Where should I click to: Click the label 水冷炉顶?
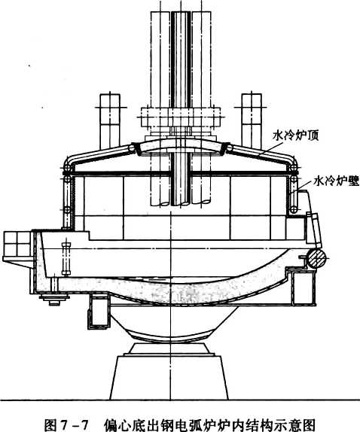[x=295, y=135]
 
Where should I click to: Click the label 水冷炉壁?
[x=337, y=181]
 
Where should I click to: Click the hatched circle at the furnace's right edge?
[x=317, y=258]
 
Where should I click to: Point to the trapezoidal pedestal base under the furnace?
[x=169, y=377]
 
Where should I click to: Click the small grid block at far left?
[x=17, y=244]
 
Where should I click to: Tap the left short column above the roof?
[x=110, y=120]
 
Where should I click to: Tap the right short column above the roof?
[x=251, y=120]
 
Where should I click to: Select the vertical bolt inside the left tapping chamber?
[x=66, y=259]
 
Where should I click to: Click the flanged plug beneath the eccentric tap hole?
[x=54, y=298]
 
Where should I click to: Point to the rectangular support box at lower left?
[x=99, y=312]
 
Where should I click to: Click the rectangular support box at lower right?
[x=304, y=287]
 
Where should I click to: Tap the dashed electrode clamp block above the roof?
[x=181, y=117]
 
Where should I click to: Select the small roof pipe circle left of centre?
[x=132, y=148]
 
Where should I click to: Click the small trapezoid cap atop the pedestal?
[x=169, y=348]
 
